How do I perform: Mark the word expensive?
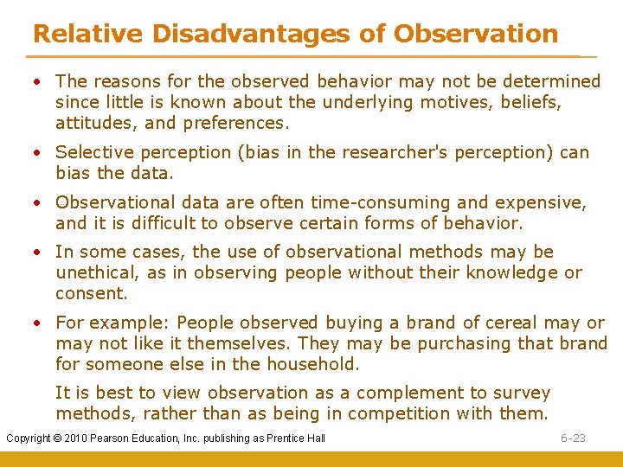click(541, 202)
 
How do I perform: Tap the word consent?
click(91, 293)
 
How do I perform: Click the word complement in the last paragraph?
click(404, 393)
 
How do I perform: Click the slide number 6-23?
click(573, 438)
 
